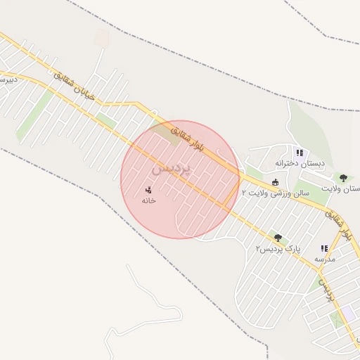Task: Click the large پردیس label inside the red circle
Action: (x=170, y=169)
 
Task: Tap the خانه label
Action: (x=148, y=201)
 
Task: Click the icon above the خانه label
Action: (x=148, y=190)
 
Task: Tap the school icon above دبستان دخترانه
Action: (x=300, y=153)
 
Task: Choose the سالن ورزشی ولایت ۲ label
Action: (x=276, y=192)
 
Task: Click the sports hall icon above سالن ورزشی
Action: (x=275, y=182)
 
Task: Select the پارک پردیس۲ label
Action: (x=278, y=249)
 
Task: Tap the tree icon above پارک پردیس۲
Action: (x=278, y=238)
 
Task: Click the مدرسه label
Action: (x=325, y=259)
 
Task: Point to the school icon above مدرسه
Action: (x=324, y=248)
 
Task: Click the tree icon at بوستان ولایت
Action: (x=343, y=178)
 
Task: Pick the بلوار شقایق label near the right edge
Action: (x=338, y=221)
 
